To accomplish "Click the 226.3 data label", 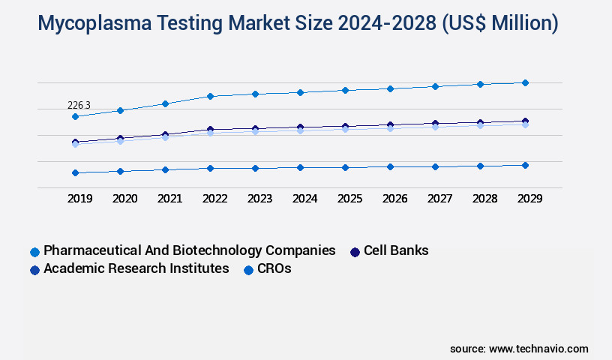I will click(79, 105).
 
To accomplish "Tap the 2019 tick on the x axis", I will click(79, 199).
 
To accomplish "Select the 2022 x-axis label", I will click(214, 199).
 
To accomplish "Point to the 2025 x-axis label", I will click(349, 199).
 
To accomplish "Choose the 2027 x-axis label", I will click(439, 199).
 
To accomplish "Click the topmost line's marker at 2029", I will click(525, 82).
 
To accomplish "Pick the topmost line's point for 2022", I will click(210, 96).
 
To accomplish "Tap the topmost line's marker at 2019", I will click(75, 116).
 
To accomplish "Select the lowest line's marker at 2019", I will click(75, 172).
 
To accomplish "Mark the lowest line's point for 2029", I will click(525, 165).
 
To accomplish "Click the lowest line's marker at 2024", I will click(300, 167).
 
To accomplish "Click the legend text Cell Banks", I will click(396, 250).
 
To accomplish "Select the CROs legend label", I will click(274, 268).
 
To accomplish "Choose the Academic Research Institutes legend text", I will click(136, 268).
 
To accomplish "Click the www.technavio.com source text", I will click(538, 349).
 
